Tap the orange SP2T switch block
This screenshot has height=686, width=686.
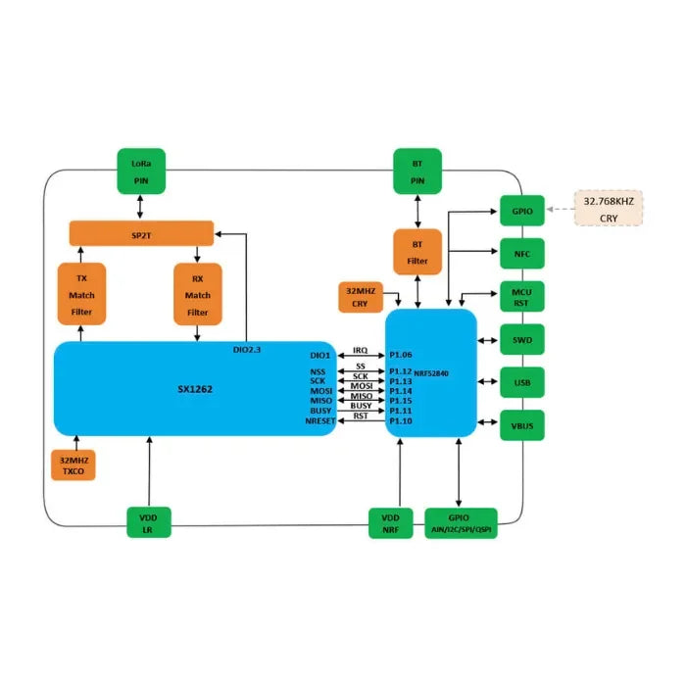pyautogui.click(x=141, y=234)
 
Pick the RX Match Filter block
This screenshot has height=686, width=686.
pyautogui.click(x=198, y=294)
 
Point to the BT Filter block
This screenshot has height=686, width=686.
pyautogui.click(x=417, y=252)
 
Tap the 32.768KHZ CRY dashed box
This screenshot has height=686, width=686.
pyautogui.click(x=609, y=208)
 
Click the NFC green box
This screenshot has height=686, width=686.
pyautogui.click(x=521, y=253)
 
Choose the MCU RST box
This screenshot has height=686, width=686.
pyautogui.click(x=521, y=297)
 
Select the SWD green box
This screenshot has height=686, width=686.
pyautogui.click(x=521, y=340)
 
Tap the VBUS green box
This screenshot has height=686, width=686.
pyautogui.click(x=521, y=425)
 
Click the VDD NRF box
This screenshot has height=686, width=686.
pyautogui.click(x=391, y=522)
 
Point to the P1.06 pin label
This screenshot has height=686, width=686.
pyautogui.click(x=402, y=355)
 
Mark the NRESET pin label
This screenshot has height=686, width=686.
pyautogui.click(x=320, y=420)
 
